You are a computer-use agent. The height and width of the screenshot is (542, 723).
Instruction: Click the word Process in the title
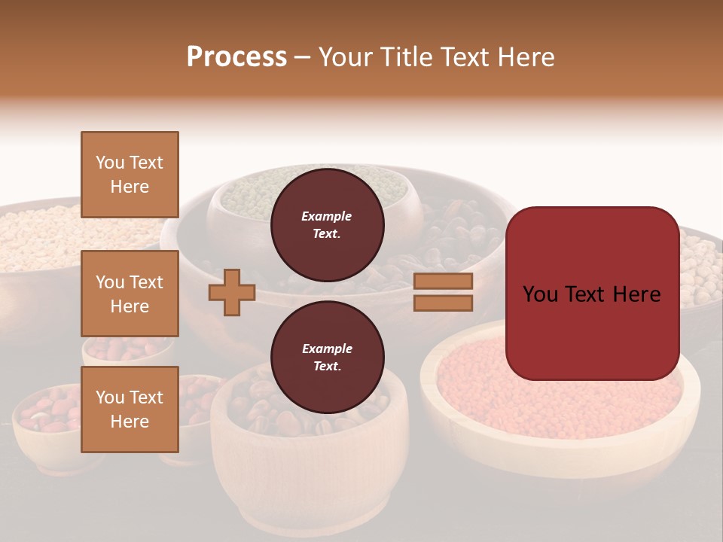[236, 57]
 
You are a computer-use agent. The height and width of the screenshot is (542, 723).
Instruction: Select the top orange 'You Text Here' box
[130, 175]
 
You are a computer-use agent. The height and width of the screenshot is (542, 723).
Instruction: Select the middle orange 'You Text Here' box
[130, 294]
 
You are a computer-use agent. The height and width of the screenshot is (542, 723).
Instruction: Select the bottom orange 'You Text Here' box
[130, 410]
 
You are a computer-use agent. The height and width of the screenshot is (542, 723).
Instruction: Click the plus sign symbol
[232, 292]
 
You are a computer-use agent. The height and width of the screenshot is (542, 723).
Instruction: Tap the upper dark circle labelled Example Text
[327, 225]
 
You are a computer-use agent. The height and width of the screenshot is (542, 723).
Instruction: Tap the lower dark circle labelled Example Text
[327, 358]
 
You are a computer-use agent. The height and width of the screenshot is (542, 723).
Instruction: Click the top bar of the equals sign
[443, 282]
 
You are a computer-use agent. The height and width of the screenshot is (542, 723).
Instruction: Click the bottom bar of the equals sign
[443, 303]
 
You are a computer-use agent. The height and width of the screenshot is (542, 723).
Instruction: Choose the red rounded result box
[592, 294]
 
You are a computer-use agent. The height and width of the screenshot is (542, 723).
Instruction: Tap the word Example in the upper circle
[327, 217]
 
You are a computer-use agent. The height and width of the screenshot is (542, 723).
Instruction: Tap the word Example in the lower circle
[327, 349]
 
